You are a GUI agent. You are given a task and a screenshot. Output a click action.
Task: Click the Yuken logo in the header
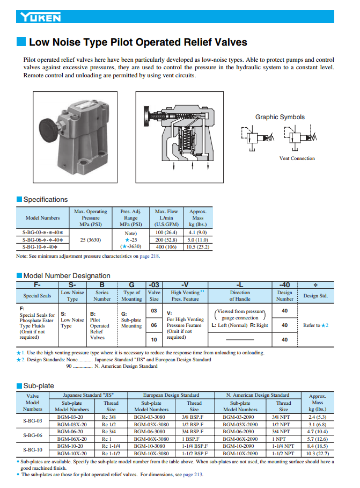[x=41, y=18]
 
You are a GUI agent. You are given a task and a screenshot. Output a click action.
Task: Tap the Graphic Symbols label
[x=280, y=117]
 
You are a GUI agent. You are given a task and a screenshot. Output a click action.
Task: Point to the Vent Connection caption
[x=297, y=158]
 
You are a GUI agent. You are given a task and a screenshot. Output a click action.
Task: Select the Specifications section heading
[x=46, y=200]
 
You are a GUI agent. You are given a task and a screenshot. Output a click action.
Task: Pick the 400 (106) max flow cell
[x=166, y=247]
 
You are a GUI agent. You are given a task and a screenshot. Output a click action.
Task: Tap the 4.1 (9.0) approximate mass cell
[x=198, y=232]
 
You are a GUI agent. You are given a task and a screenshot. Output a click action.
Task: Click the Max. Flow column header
[x=166, y=218]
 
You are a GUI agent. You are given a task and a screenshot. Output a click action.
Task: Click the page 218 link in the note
[x=150, y=256]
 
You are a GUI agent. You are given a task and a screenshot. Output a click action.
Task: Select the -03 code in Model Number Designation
[x=153, y=285]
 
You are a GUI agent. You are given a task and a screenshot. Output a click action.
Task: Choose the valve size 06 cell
[x=153, y=325]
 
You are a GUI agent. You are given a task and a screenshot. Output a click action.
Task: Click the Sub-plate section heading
[x=39, y=385]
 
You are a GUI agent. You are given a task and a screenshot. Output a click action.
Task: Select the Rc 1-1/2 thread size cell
[x=111, y=454]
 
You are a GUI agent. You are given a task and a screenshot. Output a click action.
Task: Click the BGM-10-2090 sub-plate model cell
[x=238, y=446]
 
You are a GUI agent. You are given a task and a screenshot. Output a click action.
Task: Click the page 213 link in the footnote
[x=194, y=475]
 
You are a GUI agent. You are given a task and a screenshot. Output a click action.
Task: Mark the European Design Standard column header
[x=172, y=395]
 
